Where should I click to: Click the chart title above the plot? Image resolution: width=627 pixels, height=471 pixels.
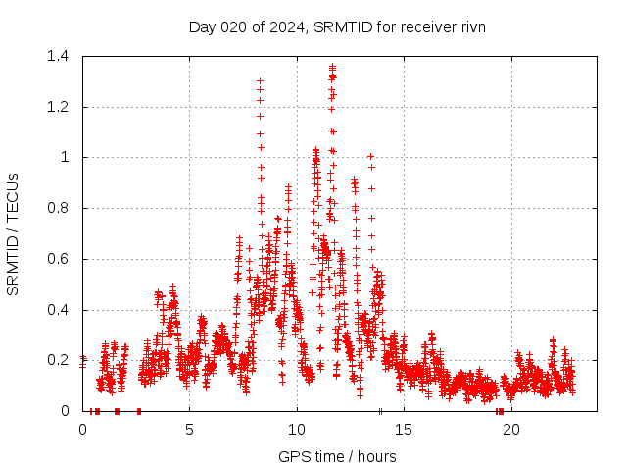click(x=337, y=26)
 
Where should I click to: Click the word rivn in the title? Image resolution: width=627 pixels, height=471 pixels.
click(x=470, y=26)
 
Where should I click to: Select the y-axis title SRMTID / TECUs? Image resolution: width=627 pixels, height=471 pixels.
click(x=14, y=234)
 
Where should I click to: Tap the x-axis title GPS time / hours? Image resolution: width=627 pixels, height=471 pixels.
click(x=337, y=456)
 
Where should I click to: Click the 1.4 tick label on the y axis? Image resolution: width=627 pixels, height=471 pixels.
click(x=62, y=56)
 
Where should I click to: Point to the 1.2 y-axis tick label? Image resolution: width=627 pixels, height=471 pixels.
click(x=62, y=107)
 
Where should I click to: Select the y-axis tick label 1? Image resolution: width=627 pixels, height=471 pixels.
click(x=69, y=157)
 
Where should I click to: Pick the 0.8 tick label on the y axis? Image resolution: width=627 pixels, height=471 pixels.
click(x=62, y=208)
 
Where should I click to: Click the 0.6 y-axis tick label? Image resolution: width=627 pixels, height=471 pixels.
click(x=62, y=259)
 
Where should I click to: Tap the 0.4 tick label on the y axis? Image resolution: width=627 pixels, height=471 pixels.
click(x=62, y=310)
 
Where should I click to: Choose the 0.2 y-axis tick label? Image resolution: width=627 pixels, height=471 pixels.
click(x=62, y=360)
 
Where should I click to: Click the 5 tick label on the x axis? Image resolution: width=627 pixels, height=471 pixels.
click(x=190, y=429)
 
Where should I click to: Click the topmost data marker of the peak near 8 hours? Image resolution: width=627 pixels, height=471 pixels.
click(x=260, y=81)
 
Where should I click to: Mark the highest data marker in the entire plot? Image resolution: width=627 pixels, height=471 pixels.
click(x=333, y=67)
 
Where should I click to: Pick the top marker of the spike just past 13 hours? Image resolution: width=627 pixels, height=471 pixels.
click(x=370, y=156)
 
